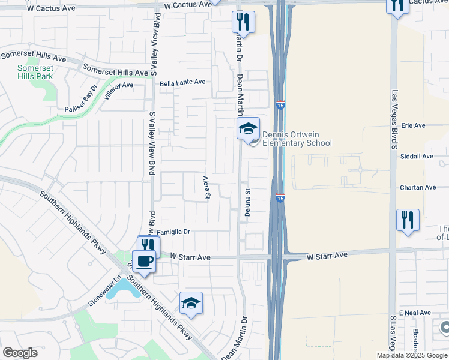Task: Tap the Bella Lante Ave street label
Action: [182, 82]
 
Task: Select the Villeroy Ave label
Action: [118, 94]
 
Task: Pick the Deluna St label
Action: [246, 202]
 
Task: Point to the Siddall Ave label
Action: [416, 156]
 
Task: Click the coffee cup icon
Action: [144, 261]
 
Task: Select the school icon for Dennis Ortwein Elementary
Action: [248, 128]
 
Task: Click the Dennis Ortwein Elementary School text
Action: [297, 139]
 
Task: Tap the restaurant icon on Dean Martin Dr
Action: [243, 22]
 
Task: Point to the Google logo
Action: [20, 353]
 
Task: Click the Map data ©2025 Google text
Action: [411, 355]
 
